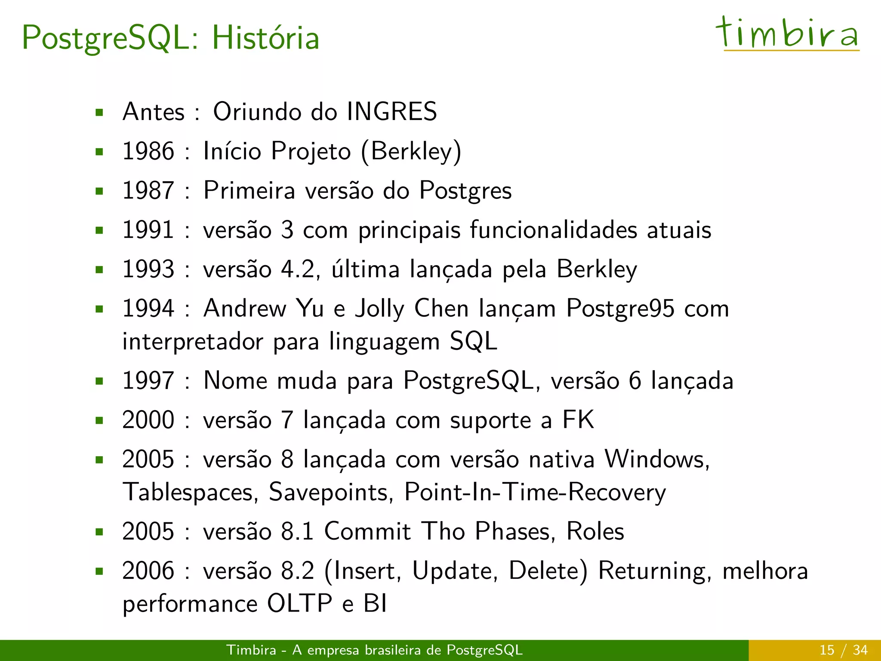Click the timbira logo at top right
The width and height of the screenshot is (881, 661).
(x=787, y=34)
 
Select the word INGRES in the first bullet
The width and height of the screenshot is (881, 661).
(x=391, y=111)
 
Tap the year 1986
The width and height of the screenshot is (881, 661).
(x=148, y=151)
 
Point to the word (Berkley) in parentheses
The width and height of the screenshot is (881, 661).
(x=411, y=151)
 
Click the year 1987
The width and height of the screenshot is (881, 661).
(x=148, y=190)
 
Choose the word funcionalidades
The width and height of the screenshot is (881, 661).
(x=553, y=230)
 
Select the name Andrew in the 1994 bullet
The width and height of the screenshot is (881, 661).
(x=245, y=309)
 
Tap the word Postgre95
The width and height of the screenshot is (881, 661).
(x=620, y=309)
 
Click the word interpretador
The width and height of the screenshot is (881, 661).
(x=192, y=342)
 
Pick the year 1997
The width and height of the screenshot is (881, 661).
(x=148, y=380)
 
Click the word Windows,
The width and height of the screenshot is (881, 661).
(x=657, y=459)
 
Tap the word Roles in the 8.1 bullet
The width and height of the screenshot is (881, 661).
(x=595, y=531)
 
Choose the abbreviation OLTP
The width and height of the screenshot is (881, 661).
(x=299, y=603)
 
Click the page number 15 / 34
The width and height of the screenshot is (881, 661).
(x=843, y=650)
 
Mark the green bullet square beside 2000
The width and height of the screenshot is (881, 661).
(x=100, y=420)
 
